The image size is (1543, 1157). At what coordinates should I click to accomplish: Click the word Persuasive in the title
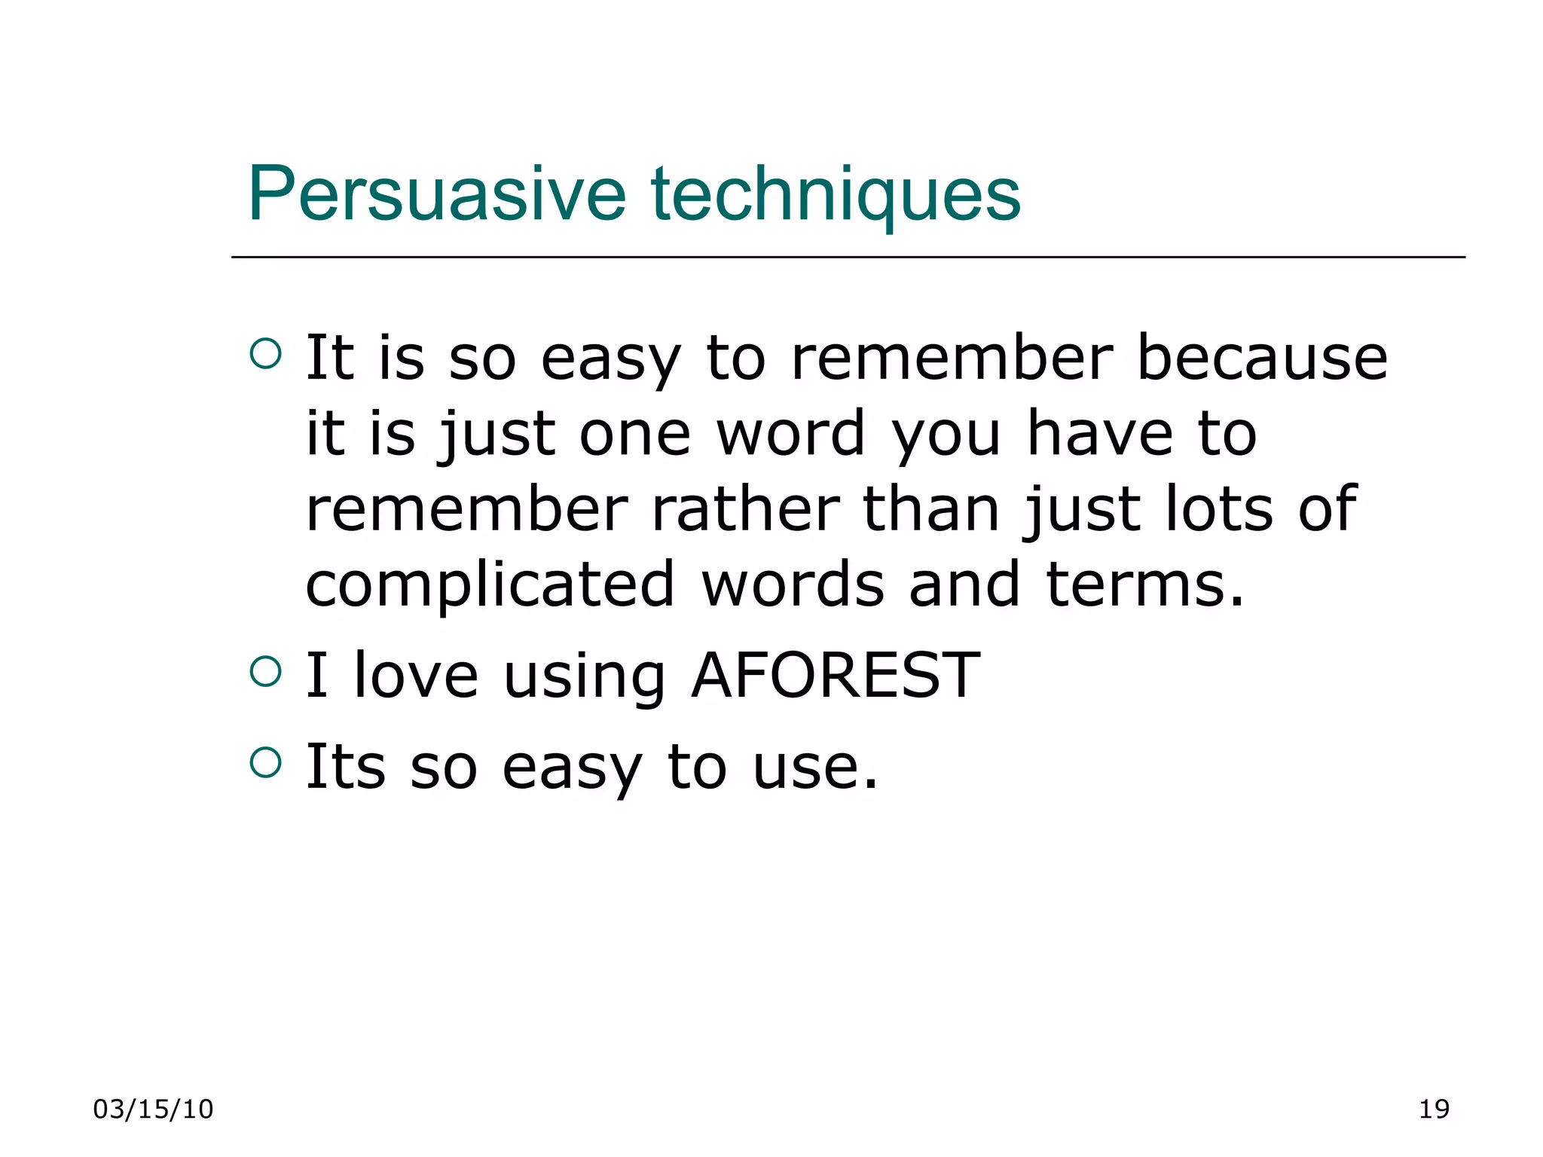click(x=437, y=194)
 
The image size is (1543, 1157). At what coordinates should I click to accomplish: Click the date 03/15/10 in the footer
click(x=153, y=1109)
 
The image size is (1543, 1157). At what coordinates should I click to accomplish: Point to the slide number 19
click(x=1434, y=1109)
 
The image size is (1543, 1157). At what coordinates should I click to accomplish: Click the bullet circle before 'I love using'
click(x=265, y=670)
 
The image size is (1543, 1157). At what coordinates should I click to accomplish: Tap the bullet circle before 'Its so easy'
click(x=265, y=762)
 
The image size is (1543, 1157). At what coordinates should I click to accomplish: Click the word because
click(x=1261, y=358)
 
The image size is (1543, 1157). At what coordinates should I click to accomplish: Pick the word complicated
click(x=490, y=585)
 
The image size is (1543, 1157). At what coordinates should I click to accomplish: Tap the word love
click(x=415, y=676)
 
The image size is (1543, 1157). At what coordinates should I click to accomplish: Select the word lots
click(x=1219, y=510)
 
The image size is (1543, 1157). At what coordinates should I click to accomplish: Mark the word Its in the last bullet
click(x=345, y=768)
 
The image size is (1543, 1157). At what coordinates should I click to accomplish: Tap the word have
click(x=1100, y=434)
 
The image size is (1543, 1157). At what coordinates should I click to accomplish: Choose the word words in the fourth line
click(x=793, y=585)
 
